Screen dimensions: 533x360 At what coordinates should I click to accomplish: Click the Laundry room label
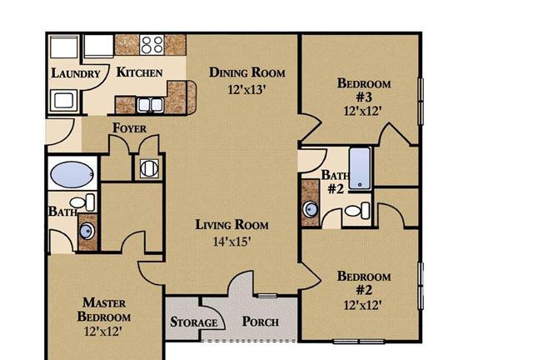click(76, 73)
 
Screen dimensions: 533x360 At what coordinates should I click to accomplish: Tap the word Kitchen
click(139, 72)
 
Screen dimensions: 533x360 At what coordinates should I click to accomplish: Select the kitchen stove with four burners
click(152, 44)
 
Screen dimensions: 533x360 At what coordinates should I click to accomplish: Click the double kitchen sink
click(150, 105)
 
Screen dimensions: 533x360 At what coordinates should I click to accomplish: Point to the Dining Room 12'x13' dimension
click(247, 90)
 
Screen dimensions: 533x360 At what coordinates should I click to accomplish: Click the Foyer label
click(130, 128)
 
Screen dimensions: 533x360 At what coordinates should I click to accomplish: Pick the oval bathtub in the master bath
click(72, 174)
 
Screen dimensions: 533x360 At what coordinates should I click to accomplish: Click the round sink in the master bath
click(87, 232)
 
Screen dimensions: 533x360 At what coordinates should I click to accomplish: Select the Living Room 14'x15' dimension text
click(232, 242)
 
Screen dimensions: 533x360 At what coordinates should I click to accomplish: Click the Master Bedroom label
click(103, 310)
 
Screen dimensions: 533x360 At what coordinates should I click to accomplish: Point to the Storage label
click(194, 322)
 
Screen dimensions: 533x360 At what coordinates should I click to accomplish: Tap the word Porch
click(261, 322)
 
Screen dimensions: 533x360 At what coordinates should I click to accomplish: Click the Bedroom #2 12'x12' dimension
click(362, 305)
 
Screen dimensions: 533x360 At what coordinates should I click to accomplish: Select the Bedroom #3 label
click(364, 90)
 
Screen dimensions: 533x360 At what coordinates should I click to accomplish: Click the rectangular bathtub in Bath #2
click(360, 168)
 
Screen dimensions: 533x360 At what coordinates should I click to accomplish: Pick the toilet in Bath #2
click(357, 211)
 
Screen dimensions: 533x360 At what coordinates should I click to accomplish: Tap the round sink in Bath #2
click(311, 209)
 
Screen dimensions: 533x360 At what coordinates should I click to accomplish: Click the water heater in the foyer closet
click(149, 168)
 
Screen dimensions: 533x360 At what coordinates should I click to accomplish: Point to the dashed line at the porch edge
click(250, 341)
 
